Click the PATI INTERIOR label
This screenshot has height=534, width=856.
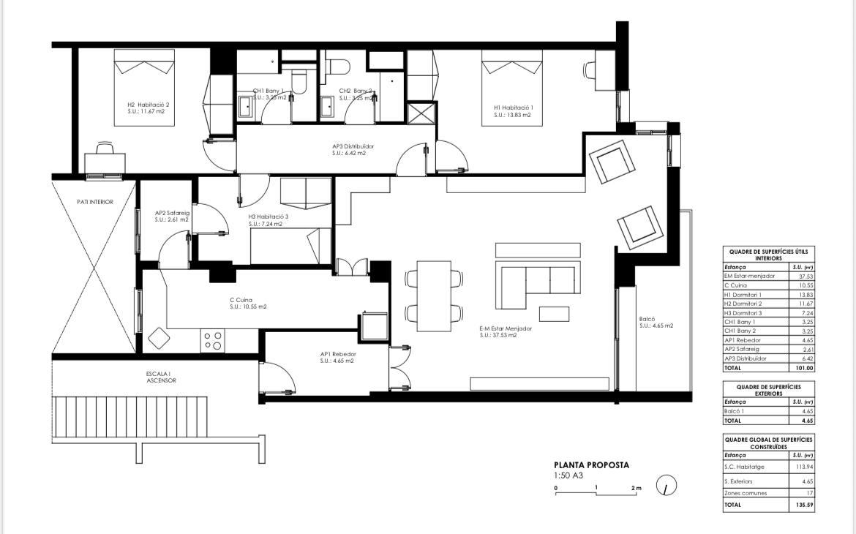tap(95, 202)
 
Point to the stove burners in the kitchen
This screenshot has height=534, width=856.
tap(213, 341)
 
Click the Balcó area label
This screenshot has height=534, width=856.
tap(656, 322)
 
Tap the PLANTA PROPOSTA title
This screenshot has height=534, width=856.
tap(591, 465)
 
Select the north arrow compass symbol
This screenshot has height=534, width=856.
tap(667, 484)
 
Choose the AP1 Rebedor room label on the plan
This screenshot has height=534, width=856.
tap(337, 357)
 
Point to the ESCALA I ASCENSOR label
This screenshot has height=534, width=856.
tap(161, 377)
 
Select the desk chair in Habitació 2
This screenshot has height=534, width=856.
tap(103, 149)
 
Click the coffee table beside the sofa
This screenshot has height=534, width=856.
tap(554, 314)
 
